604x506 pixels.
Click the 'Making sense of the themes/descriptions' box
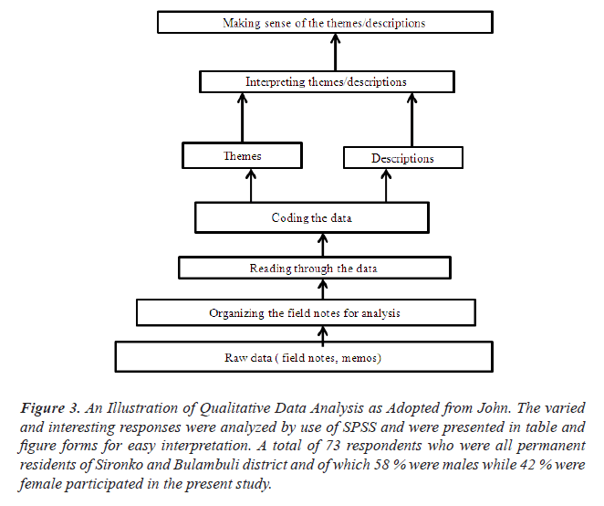311,22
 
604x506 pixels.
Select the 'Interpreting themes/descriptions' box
326,82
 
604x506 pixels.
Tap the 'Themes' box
243,156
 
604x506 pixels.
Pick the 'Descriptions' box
402,159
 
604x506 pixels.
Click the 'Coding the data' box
311,218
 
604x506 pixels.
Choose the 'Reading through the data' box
314,269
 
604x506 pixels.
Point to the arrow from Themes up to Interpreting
243,118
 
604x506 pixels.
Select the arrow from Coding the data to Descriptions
387,187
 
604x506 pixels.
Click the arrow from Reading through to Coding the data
320,245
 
